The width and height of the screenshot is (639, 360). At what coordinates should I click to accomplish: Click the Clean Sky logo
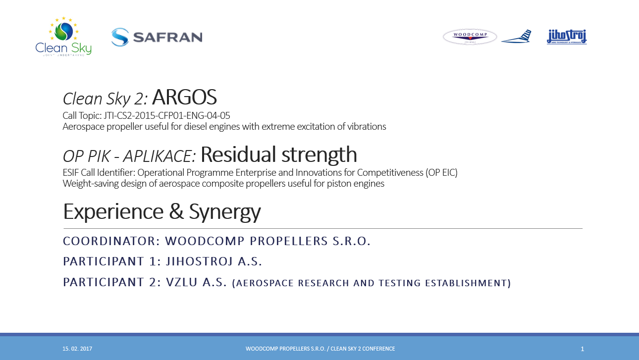[63, 36]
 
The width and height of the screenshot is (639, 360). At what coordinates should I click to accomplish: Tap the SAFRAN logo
[157, 37]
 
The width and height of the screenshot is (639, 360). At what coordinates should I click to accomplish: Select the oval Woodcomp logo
[470, 37]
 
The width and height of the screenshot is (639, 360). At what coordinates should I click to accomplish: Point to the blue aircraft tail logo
[516, 36]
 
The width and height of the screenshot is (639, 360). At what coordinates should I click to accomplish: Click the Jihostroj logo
[567, 37]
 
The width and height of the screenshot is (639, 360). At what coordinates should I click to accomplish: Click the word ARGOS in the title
[184, 97]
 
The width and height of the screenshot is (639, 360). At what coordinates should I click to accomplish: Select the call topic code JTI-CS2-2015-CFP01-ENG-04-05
[166, 115]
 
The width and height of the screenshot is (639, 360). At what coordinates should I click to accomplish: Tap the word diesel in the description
[195, 126]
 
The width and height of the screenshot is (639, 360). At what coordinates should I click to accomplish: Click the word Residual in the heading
[239, 154]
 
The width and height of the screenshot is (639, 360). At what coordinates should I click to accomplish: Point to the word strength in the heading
[319, 155]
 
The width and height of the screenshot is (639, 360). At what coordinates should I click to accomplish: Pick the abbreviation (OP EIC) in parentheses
[441, 173]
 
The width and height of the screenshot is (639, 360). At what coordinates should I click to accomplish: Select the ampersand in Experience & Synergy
[176, 211]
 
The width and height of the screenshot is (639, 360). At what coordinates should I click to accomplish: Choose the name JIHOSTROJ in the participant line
[200, 261]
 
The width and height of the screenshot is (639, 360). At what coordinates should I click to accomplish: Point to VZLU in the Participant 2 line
[182, 282]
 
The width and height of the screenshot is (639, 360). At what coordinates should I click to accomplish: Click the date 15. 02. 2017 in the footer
[77, 349]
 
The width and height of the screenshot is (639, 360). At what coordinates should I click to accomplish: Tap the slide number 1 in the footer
[582, 349]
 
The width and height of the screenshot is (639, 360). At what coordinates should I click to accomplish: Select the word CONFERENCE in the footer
[378, 349]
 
